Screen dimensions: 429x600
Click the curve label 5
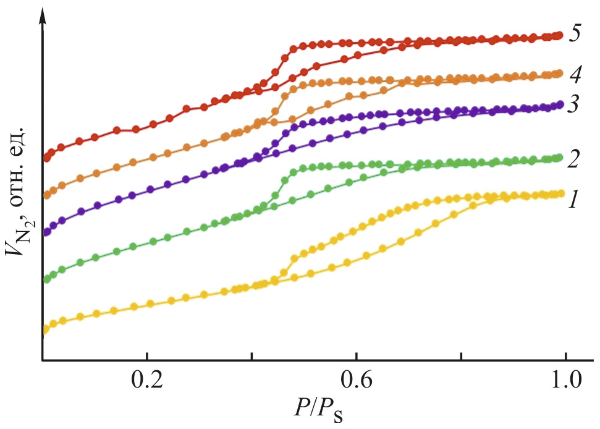575,34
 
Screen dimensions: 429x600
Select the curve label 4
575,75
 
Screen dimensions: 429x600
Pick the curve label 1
573,198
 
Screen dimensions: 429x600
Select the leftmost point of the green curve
46,279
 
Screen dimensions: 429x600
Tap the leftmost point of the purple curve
46,233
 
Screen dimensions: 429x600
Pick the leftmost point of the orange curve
46,195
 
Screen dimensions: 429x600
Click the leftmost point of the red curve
46,158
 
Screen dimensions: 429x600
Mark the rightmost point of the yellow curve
561,193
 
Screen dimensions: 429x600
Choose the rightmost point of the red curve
560,35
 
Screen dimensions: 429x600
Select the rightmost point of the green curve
560,158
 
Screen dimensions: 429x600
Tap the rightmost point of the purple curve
560,104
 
